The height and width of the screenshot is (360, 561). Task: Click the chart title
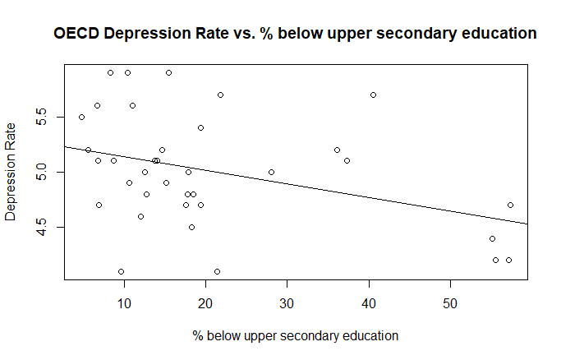click(x=295, y=34)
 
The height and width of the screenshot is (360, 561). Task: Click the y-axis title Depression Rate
click(x=11, y=172)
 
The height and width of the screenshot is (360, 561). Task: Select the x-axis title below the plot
click(x=295, y=335)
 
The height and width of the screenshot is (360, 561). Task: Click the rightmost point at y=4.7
click(x=510, y=205)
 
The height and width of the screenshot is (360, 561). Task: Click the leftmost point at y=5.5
click(x=81, y=117)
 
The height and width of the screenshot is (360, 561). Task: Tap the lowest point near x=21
click(x=217, y=271)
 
